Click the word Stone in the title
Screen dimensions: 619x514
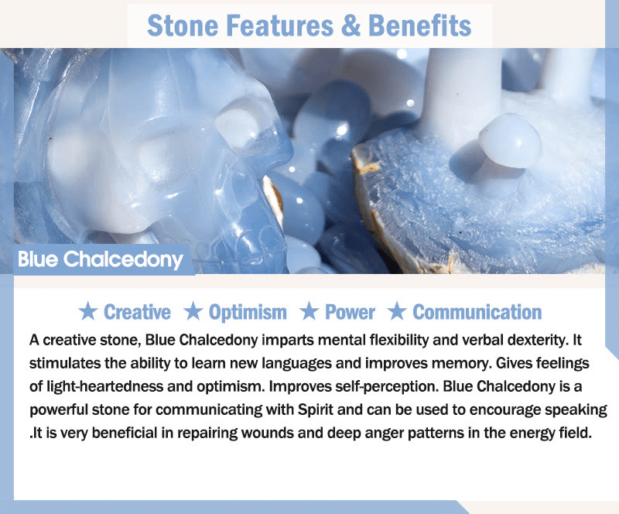tap(183, 26)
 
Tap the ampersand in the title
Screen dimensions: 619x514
tap(351, 26)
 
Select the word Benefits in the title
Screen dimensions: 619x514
tap(419, 26)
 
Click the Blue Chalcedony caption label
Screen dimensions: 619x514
tap(101, 259)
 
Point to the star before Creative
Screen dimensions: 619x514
tap(87, 311)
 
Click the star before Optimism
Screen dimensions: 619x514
tap(193, 311)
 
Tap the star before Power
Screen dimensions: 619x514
tap(309, 311)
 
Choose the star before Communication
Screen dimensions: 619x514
tap(397, 311)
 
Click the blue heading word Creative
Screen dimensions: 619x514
tap(137, 312)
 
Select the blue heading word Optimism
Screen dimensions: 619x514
tap(248, 313)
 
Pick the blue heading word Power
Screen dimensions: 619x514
tap(350, 312)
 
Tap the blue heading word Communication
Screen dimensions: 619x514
tap(477, 312)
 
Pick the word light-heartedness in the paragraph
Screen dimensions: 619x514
tap(104, 387)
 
